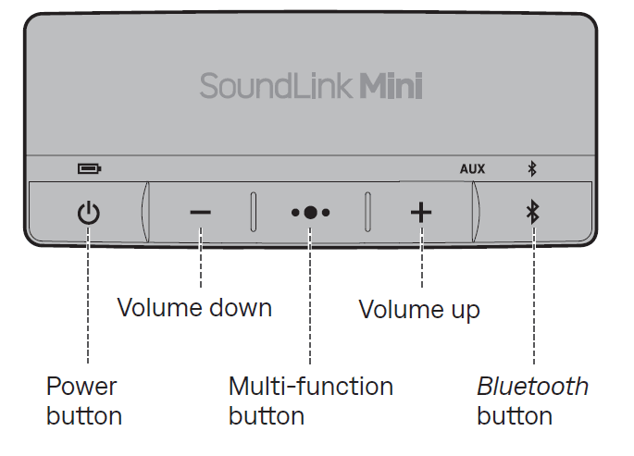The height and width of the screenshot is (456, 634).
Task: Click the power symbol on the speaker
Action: pyautogui.click(x=88, y=214)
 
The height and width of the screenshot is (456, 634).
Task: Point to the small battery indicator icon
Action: pyautogui.click(x=89, y=168)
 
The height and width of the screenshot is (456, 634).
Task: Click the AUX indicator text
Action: pyautogui.click(x=472, y=168)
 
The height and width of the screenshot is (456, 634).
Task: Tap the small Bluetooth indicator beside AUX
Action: pyautogui.click(x=531, y=168)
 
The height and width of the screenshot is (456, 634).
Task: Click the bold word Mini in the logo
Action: pyautogui.click(x=391, y=87)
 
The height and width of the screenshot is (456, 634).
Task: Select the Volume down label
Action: pyautogui.click(x=194, y=308)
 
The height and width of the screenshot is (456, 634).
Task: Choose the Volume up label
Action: pyautogui.click(x=419, y=309)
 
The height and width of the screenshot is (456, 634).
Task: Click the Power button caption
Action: pyautogui.click(x=83, y=401)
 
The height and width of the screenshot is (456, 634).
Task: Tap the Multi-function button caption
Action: pyautogui.click(x=310, y=401)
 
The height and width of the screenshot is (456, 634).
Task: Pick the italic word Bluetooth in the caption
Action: pyautogui.click(x=532, y=386)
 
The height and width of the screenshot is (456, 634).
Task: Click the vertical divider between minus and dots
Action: pyautogui.click(x=253, y=212)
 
